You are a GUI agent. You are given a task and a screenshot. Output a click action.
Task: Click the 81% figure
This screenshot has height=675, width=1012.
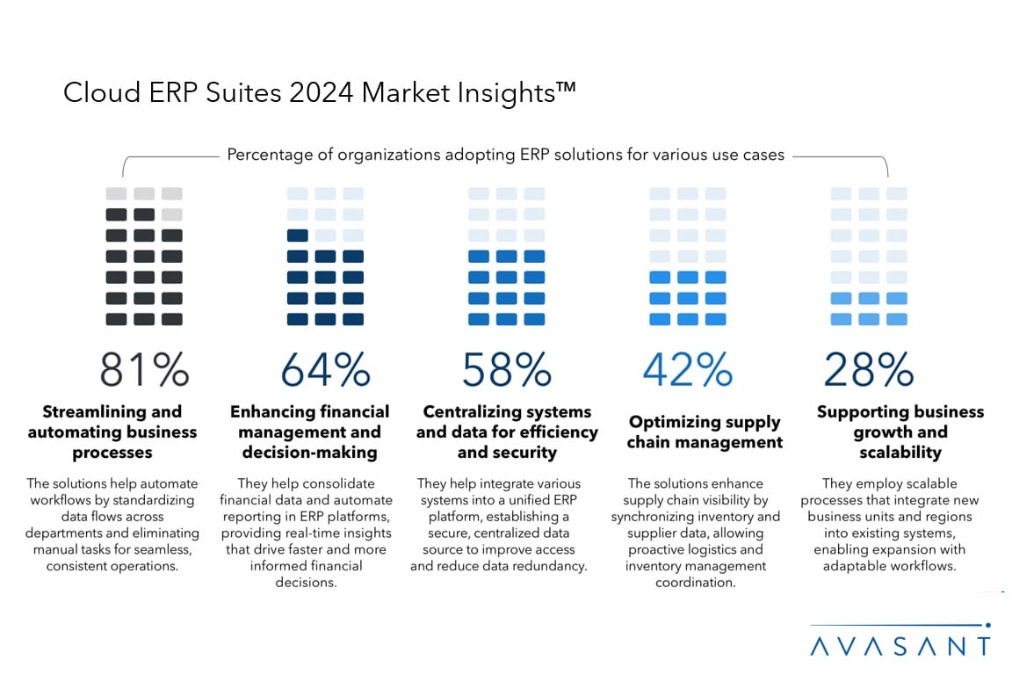tap(144, 369)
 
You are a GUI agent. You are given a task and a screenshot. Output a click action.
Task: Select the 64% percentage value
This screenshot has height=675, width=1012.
tap(325, 369)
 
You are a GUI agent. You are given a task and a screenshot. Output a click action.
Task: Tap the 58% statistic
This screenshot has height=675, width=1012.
tap(507, 369)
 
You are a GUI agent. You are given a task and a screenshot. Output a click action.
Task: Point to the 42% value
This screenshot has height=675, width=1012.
tap(688, 369)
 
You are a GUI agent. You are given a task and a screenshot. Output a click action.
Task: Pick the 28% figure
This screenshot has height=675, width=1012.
tap(869, 369)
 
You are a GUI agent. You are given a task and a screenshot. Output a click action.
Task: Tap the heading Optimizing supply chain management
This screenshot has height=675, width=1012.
tap(705, 432)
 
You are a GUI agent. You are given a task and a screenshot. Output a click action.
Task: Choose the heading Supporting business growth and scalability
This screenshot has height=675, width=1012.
tap(900, 432)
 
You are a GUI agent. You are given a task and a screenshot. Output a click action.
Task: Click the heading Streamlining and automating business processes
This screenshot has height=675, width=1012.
tap(112, 432)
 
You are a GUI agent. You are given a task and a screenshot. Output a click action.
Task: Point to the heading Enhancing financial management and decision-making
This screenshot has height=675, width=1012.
tap(309, 432)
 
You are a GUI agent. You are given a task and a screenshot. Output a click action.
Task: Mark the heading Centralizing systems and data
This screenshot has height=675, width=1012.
tap(507, 432)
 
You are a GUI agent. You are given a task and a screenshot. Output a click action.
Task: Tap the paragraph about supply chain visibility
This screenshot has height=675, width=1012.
tap(696, 533)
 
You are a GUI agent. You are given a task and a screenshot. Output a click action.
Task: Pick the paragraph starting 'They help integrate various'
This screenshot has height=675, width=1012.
tap(498, 525)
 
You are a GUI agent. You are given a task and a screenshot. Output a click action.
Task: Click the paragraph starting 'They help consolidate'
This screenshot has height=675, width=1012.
tap(306, 533)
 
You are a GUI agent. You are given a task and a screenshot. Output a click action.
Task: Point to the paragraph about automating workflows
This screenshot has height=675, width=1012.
tap(112, 525)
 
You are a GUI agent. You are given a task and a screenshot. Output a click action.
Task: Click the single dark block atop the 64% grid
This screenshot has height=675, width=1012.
tap(297, 236)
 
